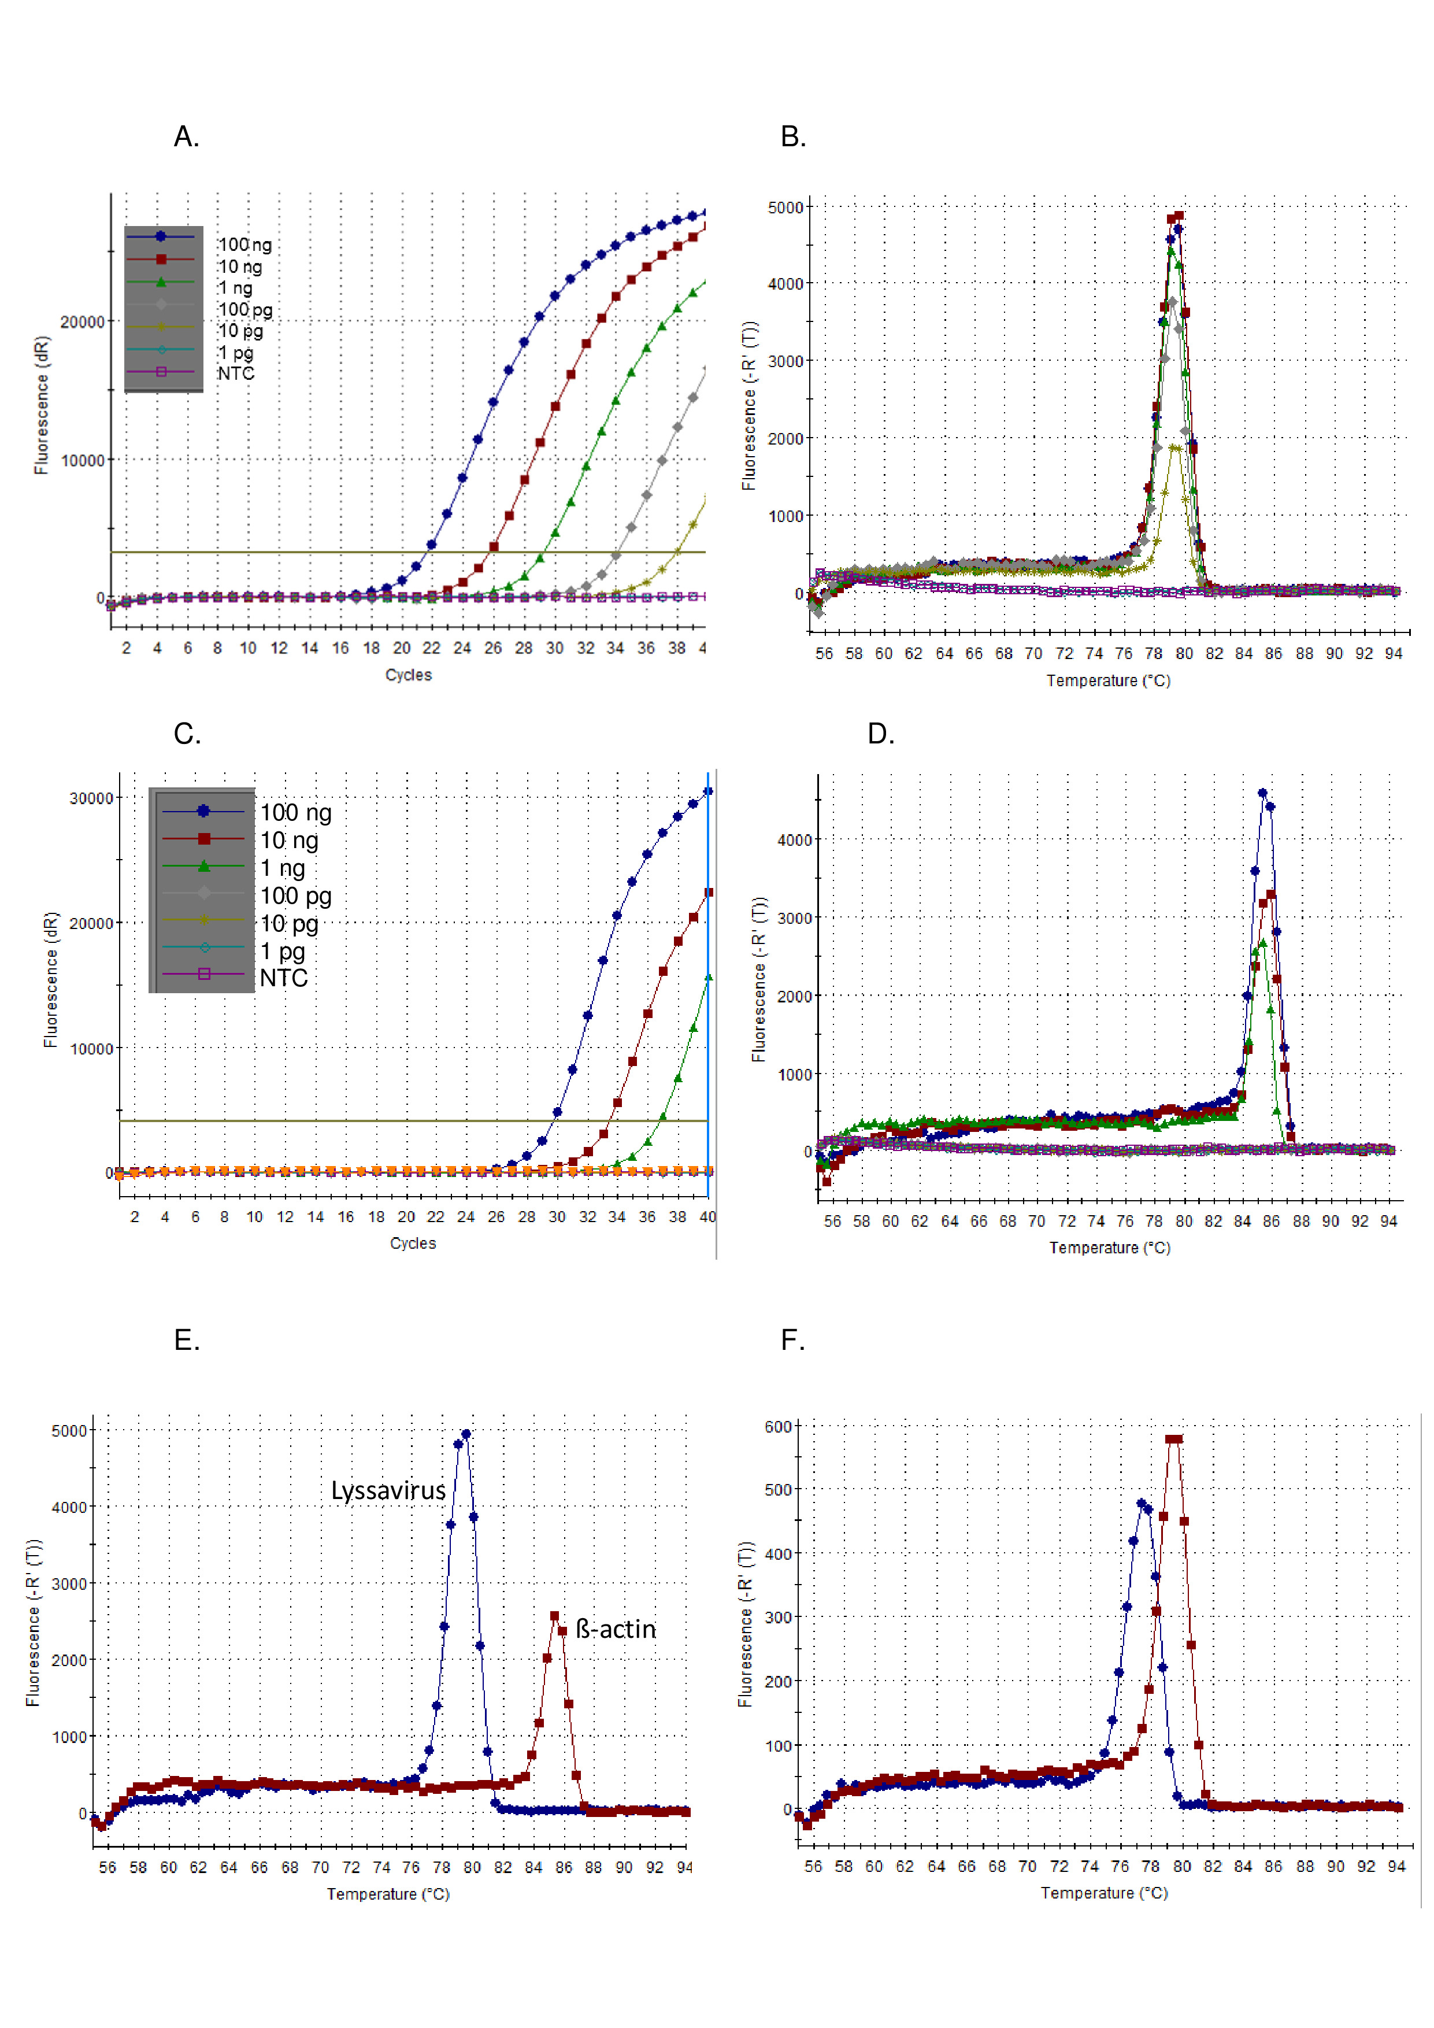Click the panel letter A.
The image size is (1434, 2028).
pos(186,137)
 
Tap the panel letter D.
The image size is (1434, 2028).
pos(880,734)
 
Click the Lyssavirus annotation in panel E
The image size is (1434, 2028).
pos(388,1491)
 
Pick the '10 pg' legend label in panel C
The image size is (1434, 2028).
pos(289,924)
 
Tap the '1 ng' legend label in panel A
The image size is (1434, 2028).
pos(236,288)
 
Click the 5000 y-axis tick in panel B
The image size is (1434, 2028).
pos(785,208)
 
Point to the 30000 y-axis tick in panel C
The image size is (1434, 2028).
pos(91,798)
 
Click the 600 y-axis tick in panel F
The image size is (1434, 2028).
pos(778,1427)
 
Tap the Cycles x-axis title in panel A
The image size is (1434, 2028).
pos(408,675)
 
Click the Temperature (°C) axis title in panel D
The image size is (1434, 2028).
pos(1109,1248)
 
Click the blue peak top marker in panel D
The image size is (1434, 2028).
pos(1263,793)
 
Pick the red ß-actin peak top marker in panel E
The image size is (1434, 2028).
pos(554,1616)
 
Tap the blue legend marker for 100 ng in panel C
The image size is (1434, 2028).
pos(203,811)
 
